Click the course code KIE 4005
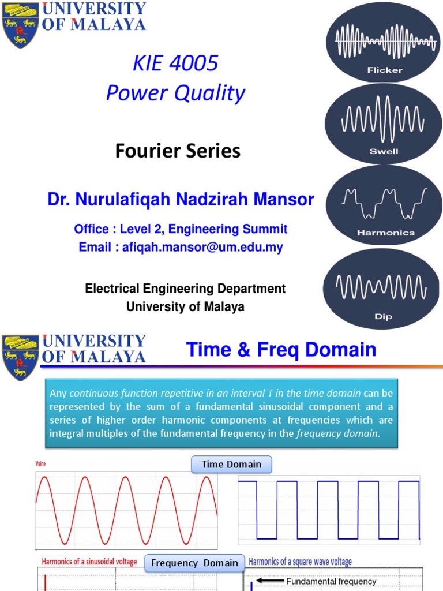click(175, 63)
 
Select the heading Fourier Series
click(178, 151)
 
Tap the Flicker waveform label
click(385, 70)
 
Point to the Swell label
click(384, 152)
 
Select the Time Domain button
click(231, 465)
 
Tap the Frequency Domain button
click(195, 563)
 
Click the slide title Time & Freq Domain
click(281, 350)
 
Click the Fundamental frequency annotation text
click(331, 582)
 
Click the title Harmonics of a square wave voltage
click(300, 562)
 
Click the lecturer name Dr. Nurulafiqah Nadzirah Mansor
click(181, 200)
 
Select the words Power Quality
click(175, 93)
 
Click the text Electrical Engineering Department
click(185, 288)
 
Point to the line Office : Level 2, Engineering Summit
click(181, 229)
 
